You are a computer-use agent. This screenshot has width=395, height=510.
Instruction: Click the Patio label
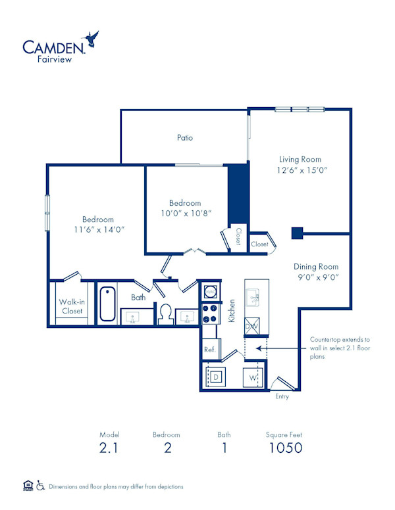coord(184,138)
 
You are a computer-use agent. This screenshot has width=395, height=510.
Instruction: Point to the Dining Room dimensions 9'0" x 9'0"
coord(316,277)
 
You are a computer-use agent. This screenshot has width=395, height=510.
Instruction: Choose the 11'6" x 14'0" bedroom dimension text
coord(98,229)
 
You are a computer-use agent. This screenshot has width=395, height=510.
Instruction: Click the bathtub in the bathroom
coord(107,303)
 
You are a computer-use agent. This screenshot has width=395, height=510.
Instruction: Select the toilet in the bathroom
coord(165,313)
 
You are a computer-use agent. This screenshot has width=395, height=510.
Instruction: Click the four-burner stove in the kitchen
coord(210,313)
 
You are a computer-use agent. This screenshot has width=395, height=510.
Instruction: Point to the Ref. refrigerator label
coord(209,349)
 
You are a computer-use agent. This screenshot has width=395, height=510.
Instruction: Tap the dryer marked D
coord(215,378)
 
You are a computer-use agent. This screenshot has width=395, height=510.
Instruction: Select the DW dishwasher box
coord(251,327)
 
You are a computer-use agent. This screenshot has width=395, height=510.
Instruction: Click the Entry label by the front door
coord(281,396)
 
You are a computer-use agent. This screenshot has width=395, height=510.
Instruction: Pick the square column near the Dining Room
coord(297,233)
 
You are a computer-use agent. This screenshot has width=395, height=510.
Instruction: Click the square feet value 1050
coord(285,448)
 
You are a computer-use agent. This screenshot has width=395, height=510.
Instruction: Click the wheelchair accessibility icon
coord(40,486)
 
